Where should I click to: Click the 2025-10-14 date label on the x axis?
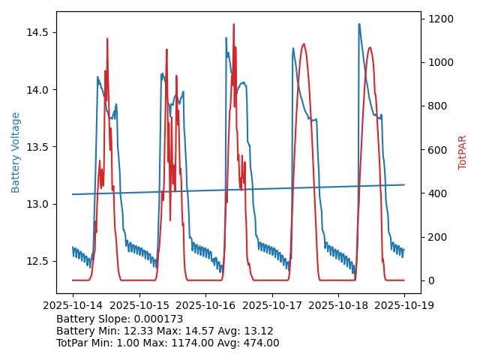click(73, 305)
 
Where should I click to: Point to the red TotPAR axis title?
click(462, 152)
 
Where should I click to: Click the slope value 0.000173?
click(157, 319)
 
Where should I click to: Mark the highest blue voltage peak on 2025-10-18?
click(358, 24)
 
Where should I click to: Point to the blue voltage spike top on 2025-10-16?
click(226, 37)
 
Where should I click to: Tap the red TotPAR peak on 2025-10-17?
click(303, 44)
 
